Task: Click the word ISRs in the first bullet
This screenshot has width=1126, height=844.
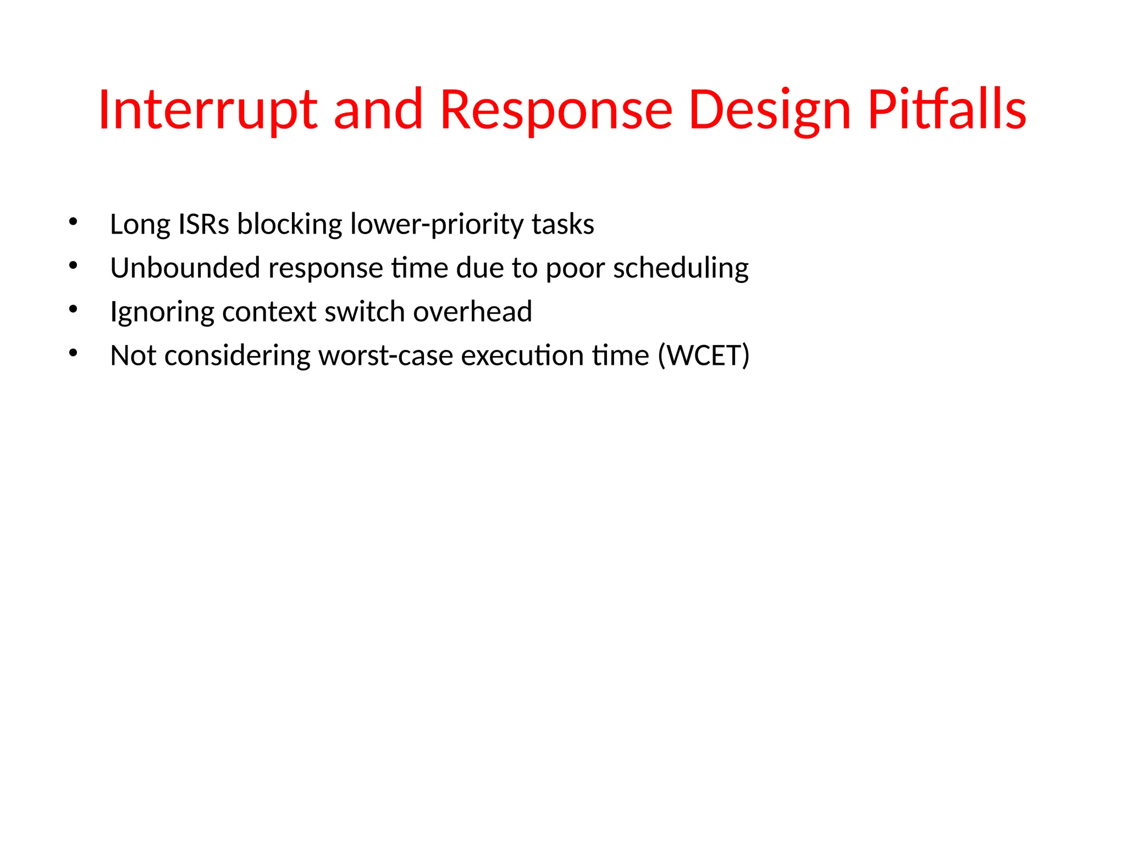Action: (203, 224)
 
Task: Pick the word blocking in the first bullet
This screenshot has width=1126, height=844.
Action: (290, 224)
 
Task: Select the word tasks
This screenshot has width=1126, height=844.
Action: (563, 224)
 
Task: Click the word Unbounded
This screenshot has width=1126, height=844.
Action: (185, 268)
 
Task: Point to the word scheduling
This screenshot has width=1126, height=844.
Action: (681, 268)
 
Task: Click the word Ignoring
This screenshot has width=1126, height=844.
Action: (162, 312)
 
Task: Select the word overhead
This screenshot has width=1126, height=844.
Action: (472, 312)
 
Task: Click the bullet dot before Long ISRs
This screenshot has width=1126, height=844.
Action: (73, 222)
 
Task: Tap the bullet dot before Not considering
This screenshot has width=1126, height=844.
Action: (73, 353)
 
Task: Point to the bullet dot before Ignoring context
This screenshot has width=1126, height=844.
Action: (73, 309)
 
